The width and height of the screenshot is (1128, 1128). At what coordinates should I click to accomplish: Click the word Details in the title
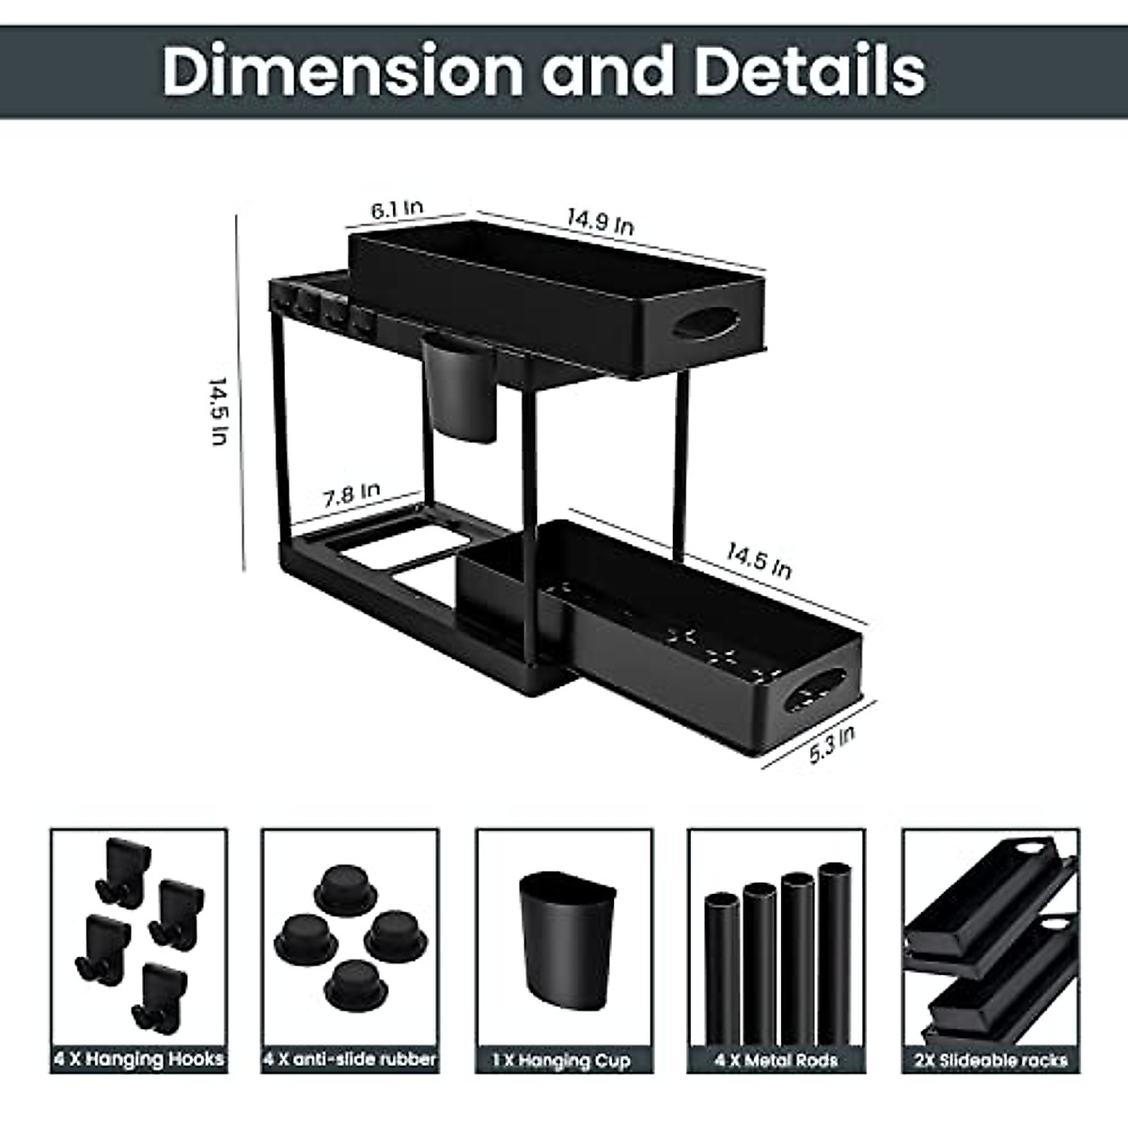coord(809,71)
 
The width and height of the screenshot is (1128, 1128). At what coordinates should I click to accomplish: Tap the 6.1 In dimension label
coord(397,210)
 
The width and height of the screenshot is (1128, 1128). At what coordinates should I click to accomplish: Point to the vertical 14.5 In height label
coord(219,412)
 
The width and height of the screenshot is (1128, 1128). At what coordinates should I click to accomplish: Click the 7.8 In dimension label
coord(352,493)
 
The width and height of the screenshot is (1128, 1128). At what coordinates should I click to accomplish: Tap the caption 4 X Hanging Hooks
coord(139,1059)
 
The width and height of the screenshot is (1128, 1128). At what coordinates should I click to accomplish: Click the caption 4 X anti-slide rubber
coord(350,1059)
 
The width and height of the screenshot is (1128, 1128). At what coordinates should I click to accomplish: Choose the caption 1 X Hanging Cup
coord(563,1060)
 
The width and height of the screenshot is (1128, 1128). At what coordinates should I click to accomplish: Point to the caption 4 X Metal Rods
coord(776,1060)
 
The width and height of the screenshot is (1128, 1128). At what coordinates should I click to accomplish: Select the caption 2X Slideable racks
coord(991,1060)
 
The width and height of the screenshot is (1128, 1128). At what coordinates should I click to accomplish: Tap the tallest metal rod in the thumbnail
coord(834,949)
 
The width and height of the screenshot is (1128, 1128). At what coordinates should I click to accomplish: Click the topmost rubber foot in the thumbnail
coord(344,885)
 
